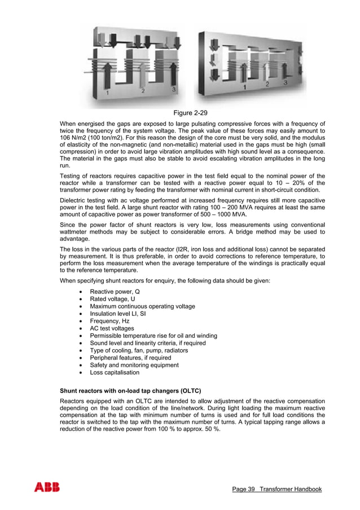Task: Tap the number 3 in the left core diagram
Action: coord(174,90)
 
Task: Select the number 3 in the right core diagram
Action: coord(286,82)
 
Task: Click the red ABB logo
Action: coord(46,487)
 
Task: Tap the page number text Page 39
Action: coord(244,489)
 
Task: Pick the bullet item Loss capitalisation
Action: coord(115,372)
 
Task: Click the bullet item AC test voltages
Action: coord(112,328)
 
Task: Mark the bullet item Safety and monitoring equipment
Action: coord(134,365)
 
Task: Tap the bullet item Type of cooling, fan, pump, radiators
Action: coord(139,350)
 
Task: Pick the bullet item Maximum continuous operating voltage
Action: coord(143,306)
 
